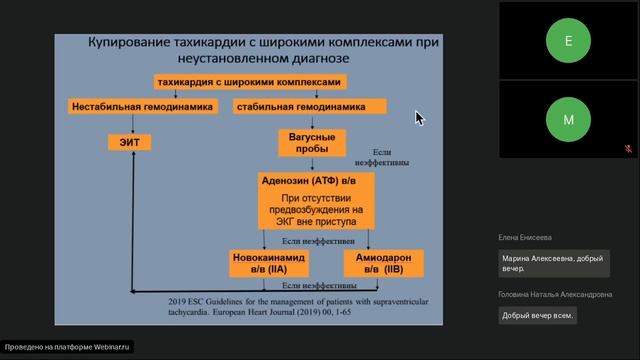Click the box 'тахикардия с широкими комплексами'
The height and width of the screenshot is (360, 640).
click(x=249, y=82)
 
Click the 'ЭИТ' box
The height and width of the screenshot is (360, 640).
click(x=130, y=143)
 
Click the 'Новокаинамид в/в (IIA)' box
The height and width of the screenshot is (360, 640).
click(x=269, y=263)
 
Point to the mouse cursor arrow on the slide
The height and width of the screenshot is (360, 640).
click(x=419, y=117)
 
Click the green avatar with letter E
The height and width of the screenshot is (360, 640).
click(x=568, y=41)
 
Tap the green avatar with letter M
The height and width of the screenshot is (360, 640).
click(x=568, y=120)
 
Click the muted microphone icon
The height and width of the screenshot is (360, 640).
click(x=627, y=148)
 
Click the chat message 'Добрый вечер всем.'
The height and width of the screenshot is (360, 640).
click(x=538, y=315)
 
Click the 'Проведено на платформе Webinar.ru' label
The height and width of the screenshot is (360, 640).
click(x=67, y=347)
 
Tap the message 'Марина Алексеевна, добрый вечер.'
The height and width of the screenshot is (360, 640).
click(x=553, y=263)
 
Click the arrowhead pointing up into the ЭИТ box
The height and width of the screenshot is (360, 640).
click(x=131, y=158)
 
